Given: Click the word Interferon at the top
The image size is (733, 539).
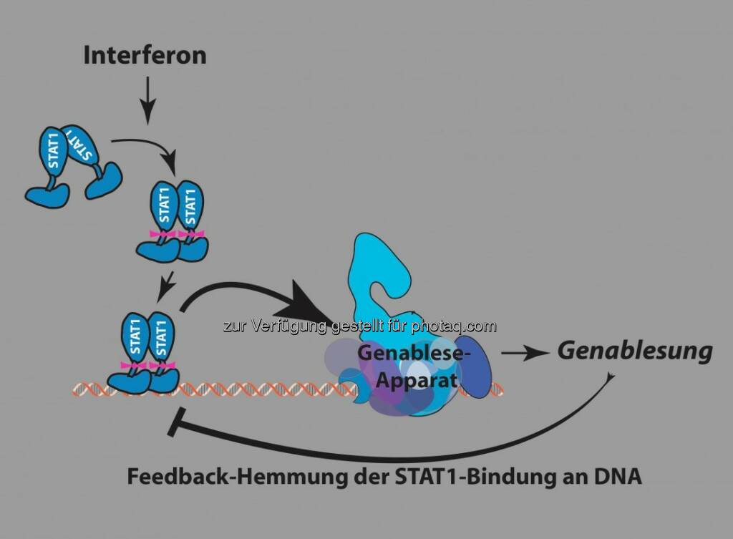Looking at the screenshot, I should click(145, 55).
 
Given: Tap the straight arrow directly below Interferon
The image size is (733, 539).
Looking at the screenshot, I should click(146, 99).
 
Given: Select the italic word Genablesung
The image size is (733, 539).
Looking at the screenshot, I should click(635, 351).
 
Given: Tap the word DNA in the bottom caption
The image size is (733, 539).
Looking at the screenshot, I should click(618, 477).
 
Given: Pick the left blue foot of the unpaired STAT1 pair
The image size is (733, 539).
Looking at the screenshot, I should click(48, 193).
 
